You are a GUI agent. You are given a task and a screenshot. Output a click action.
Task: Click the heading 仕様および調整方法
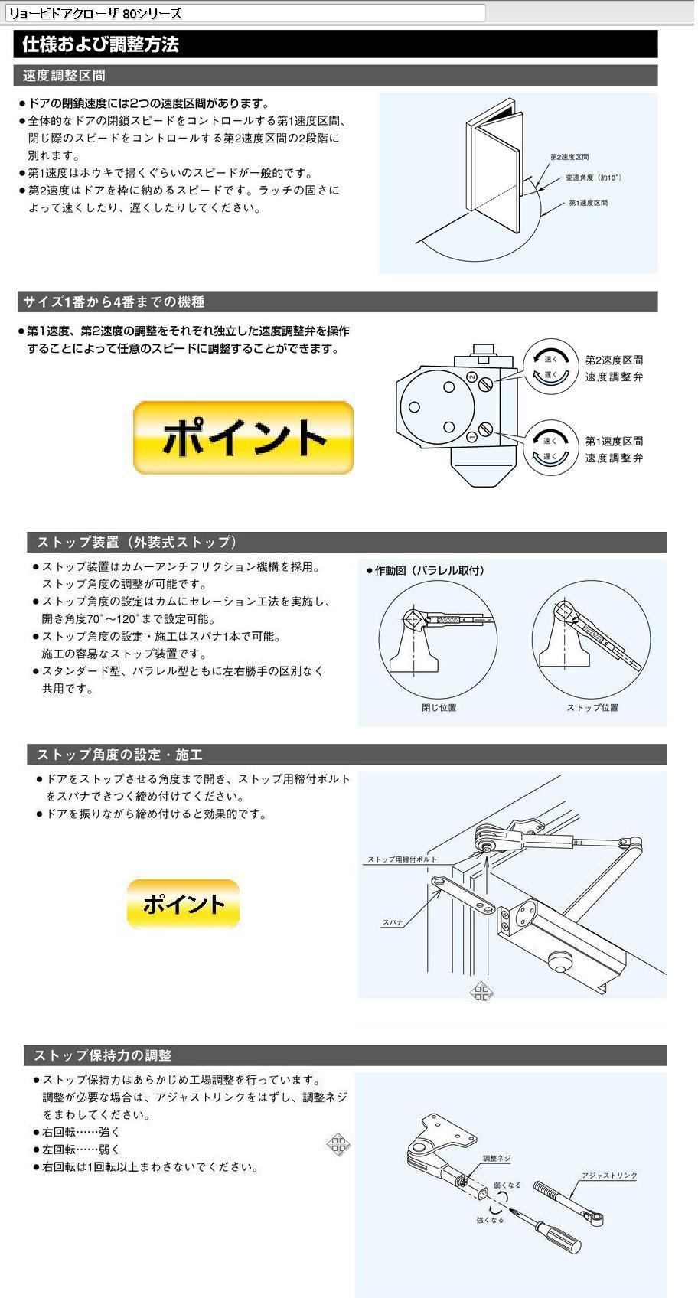click(x=100, y=44)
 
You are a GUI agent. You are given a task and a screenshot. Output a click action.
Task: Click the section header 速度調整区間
click(x=64, y=75)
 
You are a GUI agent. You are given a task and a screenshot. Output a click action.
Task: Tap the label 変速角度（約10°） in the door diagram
click(x=593, y=178)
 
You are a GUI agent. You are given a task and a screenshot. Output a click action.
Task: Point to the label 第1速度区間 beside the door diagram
click(x=588, y=203)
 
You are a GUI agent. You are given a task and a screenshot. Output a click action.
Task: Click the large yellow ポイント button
click(x=243, y=438)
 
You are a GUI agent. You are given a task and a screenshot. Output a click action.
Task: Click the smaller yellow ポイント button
click(x=183, y=904)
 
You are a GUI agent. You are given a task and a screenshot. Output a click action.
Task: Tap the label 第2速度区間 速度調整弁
click(x=614, y=368)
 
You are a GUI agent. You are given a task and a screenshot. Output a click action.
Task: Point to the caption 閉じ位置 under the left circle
click(x=439, y=707)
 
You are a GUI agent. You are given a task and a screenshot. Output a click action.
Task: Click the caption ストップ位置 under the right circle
click(x=592, y=707)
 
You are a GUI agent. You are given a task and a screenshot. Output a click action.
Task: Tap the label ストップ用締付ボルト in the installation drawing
click(x=402, y=859)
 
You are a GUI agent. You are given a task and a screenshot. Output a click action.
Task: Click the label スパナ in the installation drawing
click(x=392, y=923)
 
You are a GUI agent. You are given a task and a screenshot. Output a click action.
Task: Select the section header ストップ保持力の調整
click(x=103, y=1055)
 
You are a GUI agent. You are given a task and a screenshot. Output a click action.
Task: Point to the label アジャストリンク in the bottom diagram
click(x=609, y=1176)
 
